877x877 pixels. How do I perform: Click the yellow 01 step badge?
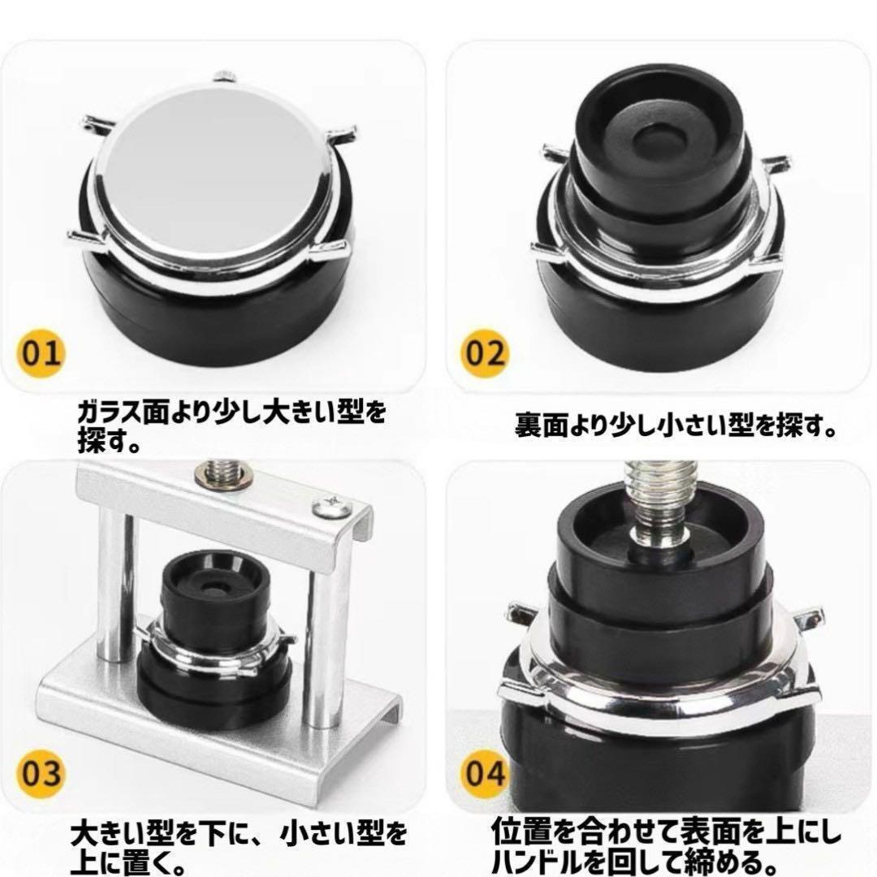coord(41,353)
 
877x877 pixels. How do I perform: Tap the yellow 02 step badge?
coord(485,353)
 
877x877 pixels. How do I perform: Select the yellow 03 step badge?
coord(41,773)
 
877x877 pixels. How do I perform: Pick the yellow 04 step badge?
coord(485,773)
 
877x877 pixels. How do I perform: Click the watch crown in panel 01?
coord(226,76)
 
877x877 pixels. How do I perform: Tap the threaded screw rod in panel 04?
coord(660,503)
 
